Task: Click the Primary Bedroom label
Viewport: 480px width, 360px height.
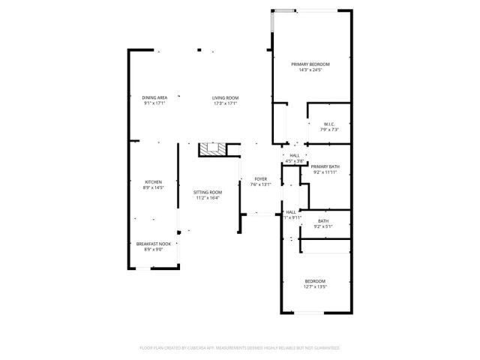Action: point(310,64)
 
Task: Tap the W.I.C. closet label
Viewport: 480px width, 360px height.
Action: point(328,124)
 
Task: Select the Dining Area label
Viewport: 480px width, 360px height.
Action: point(154,97)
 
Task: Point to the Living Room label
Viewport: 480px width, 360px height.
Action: point(225,97)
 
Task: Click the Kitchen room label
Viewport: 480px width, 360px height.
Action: point(154,182)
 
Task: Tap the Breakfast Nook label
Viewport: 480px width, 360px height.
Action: point(154,244)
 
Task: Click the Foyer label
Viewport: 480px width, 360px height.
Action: point(260,178)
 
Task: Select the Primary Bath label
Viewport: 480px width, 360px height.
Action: point(325,166)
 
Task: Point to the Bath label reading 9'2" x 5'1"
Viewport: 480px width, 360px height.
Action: point(323,220)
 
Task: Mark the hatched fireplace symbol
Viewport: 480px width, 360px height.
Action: point(212,150)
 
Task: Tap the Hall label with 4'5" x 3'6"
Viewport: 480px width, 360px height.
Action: point(294,155)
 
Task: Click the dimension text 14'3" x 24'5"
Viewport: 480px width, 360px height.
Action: point(310,70)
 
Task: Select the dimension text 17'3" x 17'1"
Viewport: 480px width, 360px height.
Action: point(225,103)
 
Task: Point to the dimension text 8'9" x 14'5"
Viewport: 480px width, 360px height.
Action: point(154,188)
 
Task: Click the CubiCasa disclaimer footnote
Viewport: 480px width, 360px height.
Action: point(240,348)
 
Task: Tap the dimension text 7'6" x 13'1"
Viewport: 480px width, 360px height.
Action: point(260,184)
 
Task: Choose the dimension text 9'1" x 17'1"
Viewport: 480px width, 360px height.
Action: point(154,103)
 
